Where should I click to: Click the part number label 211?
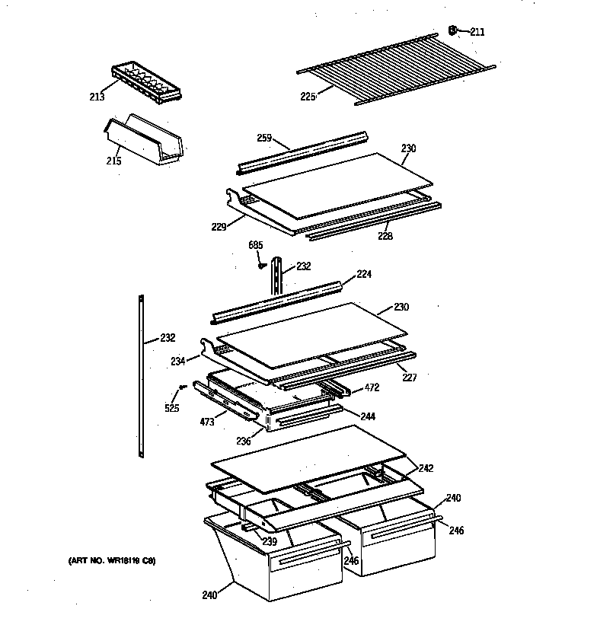(x=477, y=32)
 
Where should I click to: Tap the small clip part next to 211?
(x=453, y=30)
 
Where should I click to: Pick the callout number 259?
(x=263, y=138)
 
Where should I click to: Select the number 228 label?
(x=386, y=236)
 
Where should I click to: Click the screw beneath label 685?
(x=260, y=265)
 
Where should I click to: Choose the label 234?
(x=178, y=362)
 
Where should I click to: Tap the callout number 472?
(x=372, y=387)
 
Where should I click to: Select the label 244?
(x=368, y=416)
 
